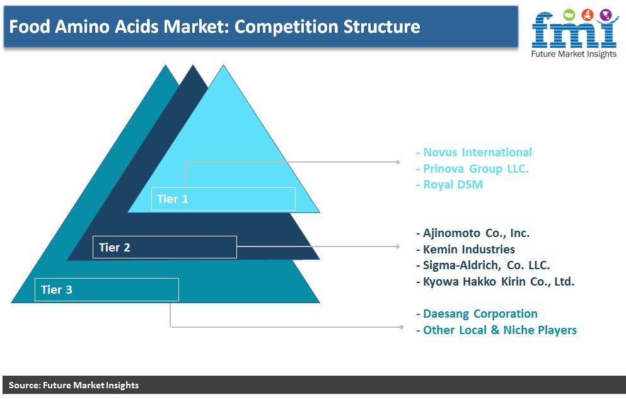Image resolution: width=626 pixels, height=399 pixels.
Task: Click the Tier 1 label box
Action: click(x=223, y=199)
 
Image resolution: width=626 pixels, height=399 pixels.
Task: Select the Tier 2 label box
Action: click(x=165, y=247)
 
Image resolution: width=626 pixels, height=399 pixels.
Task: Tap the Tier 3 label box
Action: click(x=107, y=289)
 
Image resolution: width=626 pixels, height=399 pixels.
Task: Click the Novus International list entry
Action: click(x=474, y=152)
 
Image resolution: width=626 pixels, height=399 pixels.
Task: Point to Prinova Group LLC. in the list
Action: click(x=472, y=168)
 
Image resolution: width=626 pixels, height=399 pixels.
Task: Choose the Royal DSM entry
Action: click(x=449, y=184)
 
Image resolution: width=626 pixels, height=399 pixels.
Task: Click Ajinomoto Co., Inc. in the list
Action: click(x=473, y=233)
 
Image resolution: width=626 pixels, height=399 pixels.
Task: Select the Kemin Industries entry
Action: click(x=465, y=250)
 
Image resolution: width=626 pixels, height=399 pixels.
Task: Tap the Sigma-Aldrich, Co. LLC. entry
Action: click(x=483, y=265)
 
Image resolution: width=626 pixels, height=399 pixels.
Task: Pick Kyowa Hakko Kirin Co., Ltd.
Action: click(x=495, y=281)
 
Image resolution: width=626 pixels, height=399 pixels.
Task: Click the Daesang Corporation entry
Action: click(x=477, y=314)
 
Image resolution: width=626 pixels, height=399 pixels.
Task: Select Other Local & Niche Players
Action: click(x=496, y=330)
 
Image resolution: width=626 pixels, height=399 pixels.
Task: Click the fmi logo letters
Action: click(x=574, y=30)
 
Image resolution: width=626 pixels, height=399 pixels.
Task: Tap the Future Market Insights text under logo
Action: click(x=574, y=54)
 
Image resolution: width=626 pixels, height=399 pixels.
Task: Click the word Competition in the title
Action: click(x=286, y=26)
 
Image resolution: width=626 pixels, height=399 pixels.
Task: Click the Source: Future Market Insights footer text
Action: click(x=74, y=385)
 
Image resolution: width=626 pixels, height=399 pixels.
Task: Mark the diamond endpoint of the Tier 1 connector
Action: click(x=398, y=162)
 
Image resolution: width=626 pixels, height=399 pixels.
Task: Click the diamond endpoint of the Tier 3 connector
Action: click(x=402, y=327)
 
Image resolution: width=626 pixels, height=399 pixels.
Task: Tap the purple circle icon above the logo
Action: click(x=606, y=15)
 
